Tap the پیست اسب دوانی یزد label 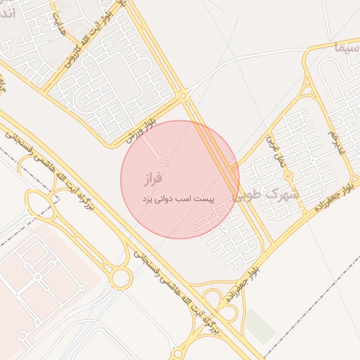[177, 200]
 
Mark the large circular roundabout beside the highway [121, 278]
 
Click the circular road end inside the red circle [161, 161]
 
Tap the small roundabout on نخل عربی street [288, 176]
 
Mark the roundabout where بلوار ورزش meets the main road [184, 95]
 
